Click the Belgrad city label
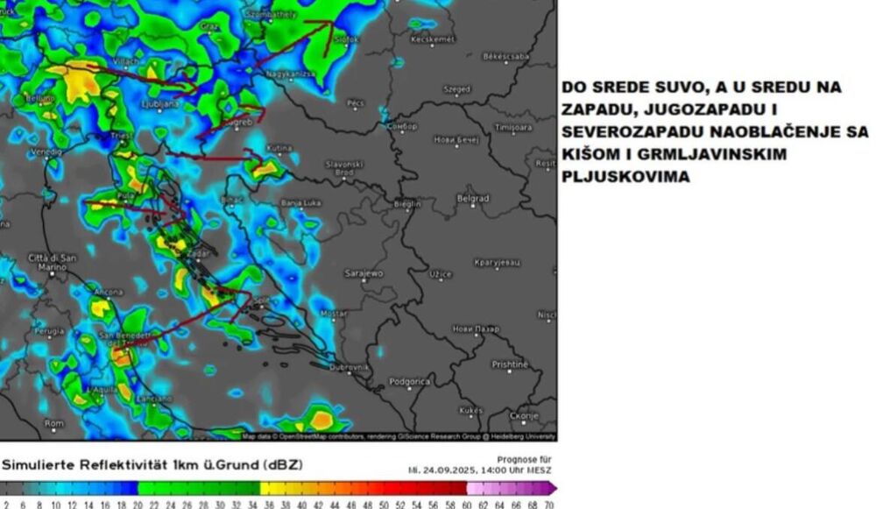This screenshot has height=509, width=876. point(473,199)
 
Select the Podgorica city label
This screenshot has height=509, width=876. point(409,382)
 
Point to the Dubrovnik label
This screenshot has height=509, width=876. point(349,368)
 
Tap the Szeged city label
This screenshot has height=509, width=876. point(456,89)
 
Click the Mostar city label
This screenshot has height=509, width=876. point(334,313)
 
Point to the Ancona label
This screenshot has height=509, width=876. point(108,290)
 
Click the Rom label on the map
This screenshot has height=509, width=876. point(54,423)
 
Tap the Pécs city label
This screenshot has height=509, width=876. point(355,103)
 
